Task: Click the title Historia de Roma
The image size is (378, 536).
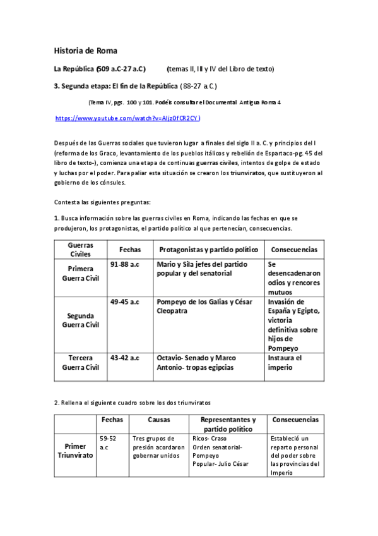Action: (86, 51)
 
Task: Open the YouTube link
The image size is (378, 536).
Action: (128, 118)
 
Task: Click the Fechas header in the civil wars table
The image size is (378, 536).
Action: (130, 250)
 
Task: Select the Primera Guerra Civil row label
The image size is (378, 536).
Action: (81, 273)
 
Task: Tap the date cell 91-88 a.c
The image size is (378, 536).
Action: (124, 264)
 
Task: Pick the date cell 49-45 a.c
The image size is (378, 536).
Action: (124, 302)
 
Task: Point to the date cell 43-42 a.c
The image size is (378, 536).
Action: (124, 358)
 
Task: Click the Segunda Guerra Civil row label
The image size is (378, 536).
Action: (81, 320)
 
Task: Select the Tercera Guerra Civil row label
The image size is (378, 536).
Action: (81, 362)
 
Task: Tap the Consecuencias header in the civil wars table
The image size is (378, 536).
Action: (294, 250)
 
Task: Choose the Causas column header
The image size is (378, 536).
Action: (158, 420)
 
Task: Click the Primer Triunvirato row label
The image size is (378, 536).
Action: (75, 450)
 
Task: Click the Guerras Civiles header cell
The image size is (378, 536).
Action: (80, 249)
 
